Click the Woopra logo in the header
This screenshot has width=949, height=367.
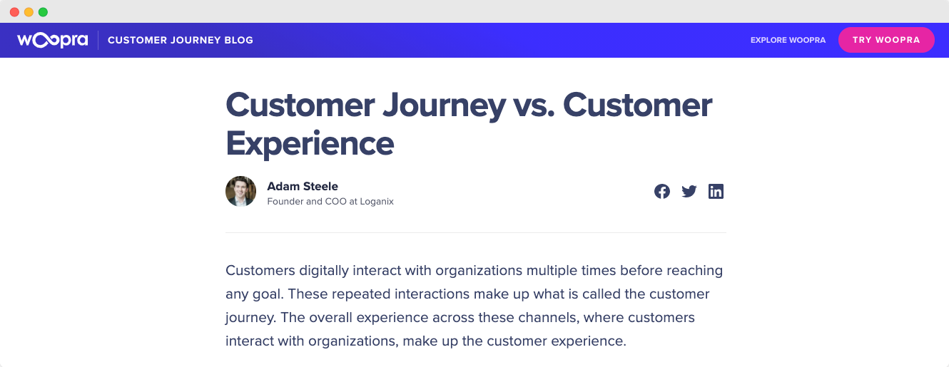pyautogui.click(x=53, y=40)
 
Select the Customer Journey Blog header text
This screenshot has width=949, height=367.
pyautogui.click(x=181, y=40)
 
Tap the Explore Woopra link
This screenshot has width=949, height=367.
pyautogui.click(x=788, y=40)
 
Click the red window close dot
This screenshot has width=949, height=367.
pyautogui.click(x=14, y=12)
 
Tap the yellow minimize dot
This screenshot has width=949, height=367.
pyautogui.click(x=29, y=12)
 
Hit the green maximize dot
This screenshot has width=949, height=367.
pyautogui.click(x=44, y=12)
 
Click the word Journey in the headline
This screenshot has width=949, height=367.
pyautogui.click(x=444, y=106)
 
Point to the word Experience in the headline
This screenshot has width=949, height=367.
pyautogui.click(x=310, y=145)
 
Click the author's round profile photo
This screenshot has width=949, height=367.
pyautogui.click(x=240, y=191)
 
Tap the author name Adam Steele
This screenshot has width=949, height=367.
pyautogui.click(x=303, y=186)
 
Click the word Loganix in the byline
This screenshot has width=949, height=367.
pyautogui.click(x=377, y=202)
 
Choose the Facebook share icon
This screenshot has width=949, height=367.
pyautogui.click(x=661, y=191)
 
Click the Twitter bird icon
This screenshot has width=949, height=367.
pyautogui.click(x=689, y=191)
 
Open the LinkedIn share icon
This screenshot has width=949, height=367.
pyautogui.click(x=716, y=191)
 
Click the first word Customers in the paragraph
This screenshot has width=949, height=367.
pyautogui.click(x=260, y=271)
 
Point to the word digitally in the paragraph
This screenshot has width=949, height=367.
pyautogui.click(x=324, y=271)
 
